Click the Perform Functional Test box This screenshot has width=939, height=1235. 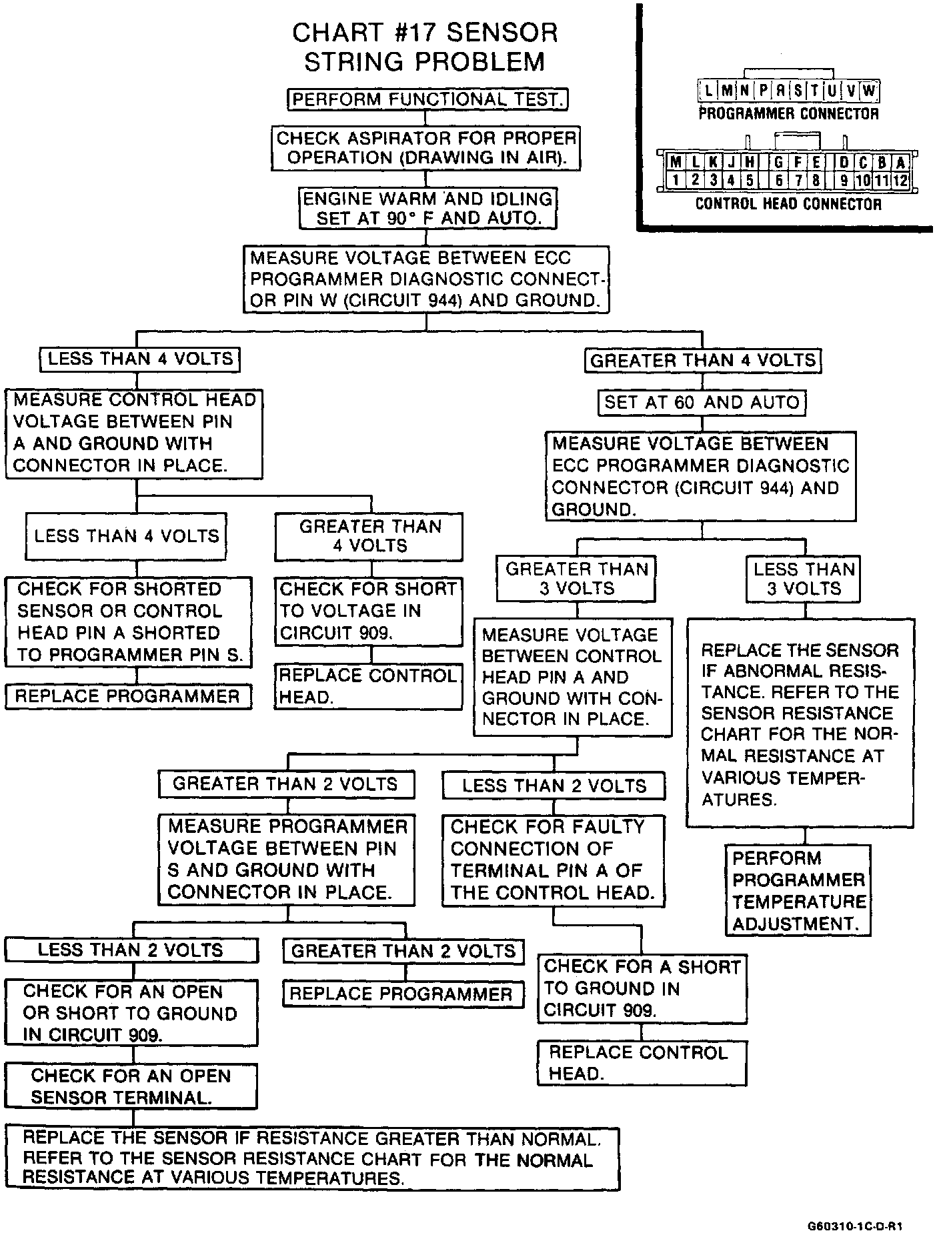pos(427,99)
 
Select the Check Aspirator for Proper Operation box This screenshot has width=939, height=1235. pos(425,148)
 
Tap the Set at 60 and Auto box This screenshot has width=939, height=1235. pos(701,402)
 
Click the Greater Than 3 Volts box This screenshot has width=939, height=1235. pos(576,578)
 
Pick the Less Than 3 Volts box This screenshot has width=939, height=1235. pos(804,578)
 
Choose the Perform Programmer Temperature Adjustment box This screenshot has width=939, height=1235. pos(798,890)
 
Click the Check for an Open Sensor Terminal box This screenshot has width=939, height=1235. pos(131,1086)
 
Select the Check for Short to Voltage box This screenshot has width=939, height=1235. pos(368,611)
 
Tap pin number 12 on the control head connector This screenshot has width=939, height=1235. pos(900,179)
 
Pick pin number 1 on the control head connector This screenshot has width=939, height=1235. pos(676,179)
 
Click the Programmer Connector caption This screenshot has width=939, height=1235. pos(788,113)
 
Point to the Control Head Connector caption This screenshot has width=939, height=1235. pos(788,204)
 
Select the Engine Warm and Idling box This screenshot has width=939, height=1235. pos(427,208)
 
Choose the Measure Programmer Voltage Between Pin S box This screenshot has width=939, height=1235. pos(286,859)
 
